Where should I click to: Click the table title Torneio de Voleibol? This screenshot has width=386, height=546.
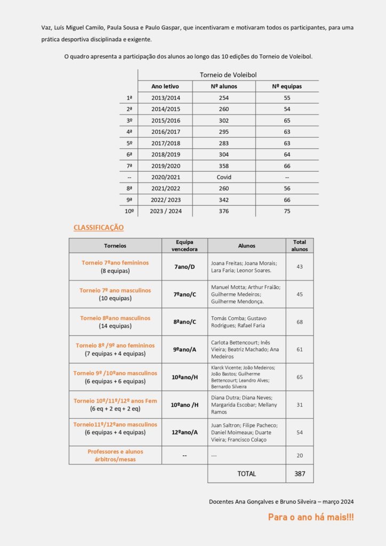point(228,75)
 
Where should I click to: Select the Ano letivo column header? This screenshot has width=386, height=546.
point(165,86)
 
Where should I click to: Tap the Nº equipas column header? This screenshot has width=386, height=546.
point(287,86)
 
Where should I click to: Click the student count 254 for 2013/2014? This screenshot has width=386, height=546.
point(224,98)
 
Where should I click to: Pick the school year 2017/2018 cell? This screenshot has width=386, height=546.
point(165,143)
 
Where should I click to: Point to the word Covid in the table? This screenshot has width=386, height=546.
point(224,177)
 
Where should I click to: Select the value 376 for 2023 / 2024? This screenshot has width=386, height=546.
point(224,211)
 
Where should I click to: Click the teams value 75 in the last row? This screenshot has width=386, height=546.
point(287,211)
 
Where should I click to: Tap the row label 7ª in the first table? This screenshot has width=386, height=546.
point(129,166)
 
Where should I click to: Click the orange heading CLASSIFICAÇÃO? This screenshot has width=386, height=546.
point(99,228)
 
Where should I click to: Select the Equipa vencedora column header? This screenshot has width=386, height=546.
point(184,245)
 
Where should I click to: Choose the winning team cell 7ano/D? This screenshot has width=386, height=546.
point(184,267)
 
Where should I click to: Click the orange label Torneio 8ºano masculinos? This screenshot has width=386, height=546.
point(115,318)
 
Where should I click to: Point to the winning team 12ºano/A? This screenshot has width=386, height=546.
point(184,432)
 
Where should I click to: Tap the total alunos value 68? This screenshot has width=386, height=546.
point(300,322)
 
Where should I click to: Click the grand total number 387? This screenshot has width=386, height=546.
point(300,473)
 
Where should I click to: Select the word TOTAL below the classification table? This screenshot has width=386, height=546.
point(246,473)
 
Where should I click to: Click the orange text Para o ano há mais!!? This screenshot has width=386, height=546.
point(310,517)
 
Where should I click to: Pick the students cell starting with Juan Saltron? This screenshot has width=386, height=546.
point(246,432)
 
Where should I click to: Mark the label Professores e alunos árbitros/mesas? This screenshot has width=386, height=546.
point(115,455)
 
